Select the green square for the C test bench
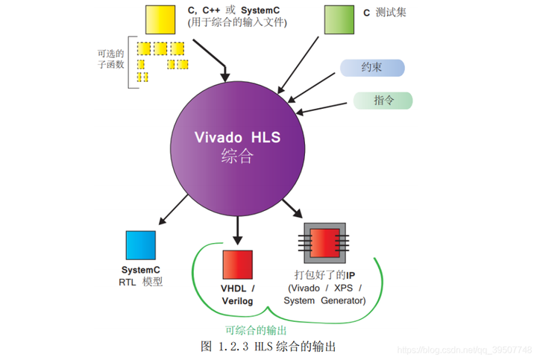pyautogui.click(x=339, y=19)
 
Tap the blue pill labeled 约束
pyautogui.click(x=372, y=68)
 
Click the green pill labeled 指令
pyautogui.click(x=383, y=101)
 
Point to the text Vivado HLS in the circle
pyautogui.click(x=238, y=138)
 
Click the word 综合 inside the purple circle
pyautogui.click(x=238, y=157)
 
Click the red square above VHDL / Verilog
pyautogui.click(x=237, y=265)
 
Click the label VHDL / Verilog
pyautogui.click(x=238, y=294)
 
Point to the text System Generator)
pyautogui.click(x=324, y=300)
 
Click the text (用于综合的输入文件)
pyautogui.click(x=236, y=22)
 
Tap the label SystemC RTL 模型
pyautogui.click(x=140, y=276)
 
